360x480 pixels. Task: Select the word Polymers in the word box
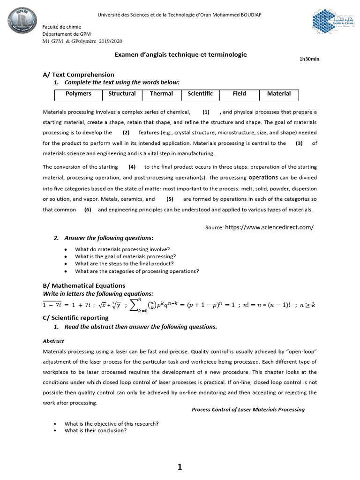78,94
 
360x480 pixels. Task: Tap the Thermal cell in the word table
161,94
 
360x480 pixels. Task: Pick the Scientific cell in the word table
200,94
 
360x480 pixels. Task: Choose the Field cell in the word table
239,94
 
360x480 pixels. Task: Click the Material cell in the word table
279,94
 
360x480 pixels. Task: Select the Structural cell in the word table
122,94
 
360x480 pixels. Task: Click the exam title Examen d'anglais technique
180,55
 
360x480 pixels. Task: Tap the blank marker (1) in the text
206,112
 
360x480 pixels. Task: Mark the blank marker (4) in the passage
132,167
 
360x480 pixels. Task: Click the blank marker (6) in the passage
88,210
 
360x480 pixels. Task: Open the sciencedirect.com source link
269,227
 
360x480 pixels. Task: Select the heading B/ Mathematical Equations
84,285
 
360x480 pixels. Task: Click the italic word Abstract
53,341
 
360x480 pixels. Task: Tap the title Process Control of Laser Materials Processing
248,409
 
